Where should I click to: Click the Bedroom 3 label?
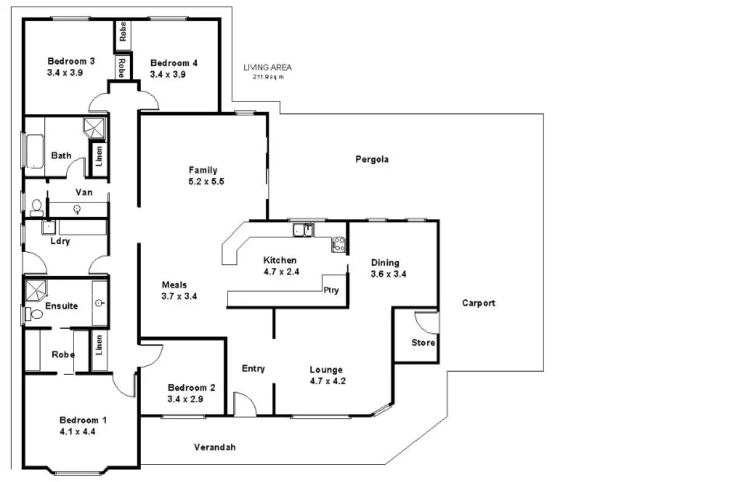click(71, 61)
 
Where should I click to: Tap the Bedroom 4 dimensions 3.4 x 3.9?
click(168, 75)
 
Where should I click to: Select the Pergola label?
click(372, 159)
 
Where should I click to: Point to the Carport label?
click(478, 303)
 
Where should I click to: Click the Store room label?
click(423, 343)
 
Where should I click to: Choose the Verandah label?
click(214, 447)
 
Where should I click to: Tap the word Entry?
click(254, 368)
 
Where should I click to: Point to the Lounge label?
click(326, 370)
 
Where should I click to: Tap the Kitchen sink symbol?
click(303, 229)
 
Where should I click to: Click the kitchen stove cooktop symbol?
click(338, 244)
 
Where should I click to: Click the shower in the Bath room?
click(95, 127)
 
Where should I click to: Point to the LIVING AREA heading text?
click(267, 68)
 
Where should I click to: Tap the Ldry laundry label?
click(60, 241)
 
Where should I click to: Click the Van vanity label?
click(84, 192)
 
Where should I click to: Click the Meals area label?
click(173, 285)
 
